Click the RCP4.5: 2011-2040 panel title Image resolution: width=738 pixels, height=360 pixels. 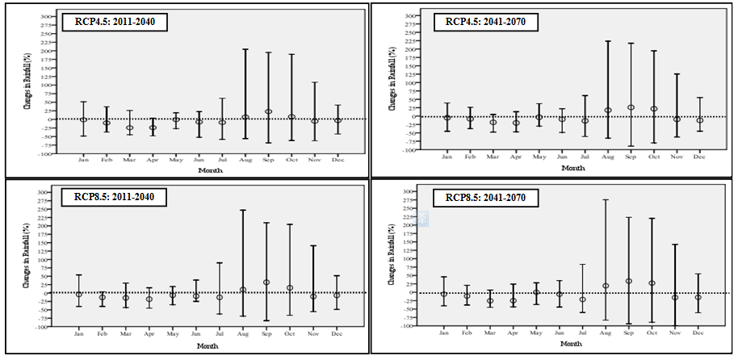114,22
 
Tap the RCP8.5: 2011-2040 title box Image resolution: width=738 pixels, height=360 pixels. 114,197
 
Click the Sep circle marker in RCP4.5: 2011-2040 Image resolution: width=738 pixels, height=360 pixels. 268,111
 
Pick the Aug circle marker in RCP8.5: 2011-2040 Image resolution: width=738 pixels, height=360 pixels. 242,290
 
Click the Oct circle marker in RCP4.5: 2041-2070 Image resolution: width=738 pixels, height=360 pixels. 654,109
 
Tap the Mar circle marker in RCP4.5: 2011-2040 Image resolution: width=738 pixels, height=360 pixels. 129,128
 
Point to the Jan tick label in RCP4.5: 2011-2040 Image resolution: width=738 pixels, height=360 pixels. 82,160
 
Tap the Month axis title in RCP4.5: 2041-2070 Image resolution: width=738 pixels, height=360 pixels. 572,168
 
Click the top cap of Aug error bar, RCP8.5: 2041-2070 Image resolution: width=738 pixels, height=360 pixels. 606,199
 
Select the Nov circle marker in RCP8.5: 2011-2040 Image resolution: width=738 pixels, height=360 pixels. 313,296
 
